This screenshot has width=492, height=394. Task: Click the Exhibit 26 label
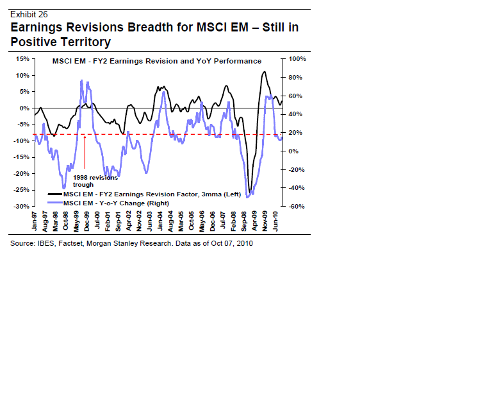coord(29,13)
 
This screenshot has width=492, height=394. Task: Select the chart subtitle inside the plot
coord(156,61)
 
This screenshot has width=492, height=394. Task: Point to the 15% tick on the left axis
coord(22,58)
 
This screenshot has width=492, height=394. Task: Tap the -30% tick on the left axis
coord(20,207)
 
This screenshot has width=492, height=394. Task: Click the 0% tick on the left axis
coord(23,108)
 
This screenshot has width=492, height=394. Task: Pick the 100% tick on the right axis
coord(298,58)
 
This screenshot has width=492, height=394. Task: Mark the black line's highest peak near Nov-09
coord(264,72)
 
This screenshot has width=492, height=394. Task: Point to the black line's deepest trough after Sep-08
coord(250,191)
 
